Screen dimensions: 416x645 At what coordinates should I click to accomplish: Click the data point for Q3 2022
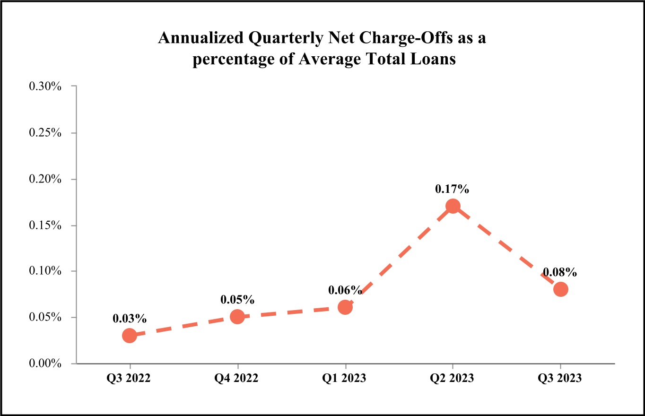coord(130,336)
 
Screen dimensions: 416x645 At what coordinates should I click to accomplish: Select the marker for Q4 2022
coord(237,317)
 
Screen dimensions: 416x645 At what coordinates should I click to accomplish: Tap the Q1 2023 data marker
coord(345,307)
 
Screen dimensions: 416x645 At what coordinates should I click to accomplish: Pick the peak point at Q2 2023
coord(453,206)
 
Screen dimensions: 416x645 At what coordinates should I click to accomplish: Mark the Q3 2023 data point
coord(560,289)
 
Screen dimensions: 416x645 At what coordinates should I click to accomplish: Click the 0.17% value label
coord(452,190)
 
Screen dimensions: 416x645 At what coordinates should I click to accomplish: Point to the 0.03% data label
coord(129,319)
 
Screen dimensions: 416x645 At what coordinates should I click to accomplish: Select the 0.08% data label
coord(560,272)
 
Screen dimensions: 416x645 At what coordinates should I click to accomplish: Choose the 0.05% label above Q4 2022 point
coord(237,300)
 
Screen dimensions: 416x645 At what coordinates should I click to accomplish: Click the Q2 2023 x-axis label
coord(453,379)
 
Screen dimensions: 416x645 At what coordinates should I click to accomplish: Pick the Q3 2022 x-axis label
coord(130,379)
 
